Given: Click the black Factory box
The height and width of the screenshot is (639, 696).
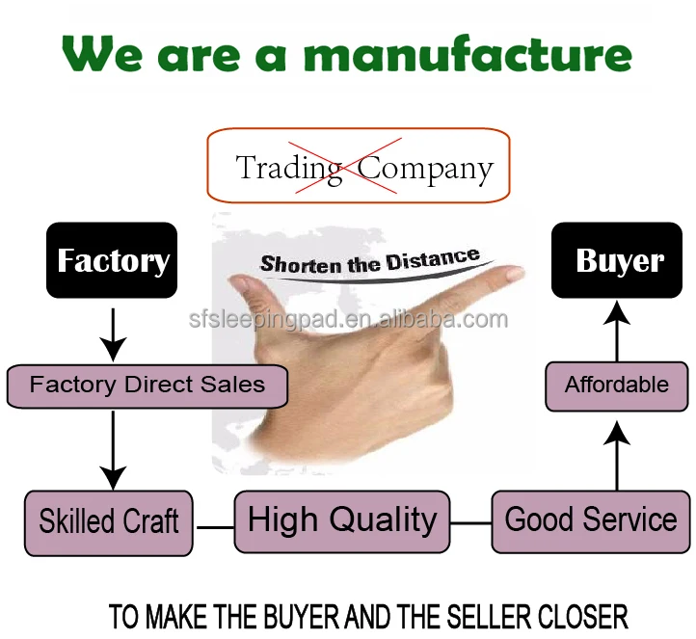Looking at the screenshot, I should point(113,260).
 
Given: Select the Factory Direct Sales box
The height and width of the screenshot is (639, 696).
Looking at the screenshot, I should point(147,386).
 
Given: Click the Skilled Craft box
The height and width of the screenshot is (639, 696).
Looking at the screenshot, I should point(108,521).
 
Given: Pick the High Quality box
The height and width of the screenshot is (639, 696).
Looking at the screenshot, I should point(342,520).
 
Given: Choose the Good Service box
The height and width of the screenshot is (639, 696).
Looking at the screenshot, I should point(591,520).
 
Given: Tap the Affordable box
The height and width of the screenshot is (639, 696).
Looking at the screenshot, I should point(617,386).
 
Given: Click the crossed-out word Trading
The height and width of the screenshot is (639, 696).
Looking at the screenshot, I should point(289,168).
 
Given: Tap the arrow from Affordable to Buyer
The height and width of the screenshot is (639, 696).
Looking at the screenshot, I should point(617,328).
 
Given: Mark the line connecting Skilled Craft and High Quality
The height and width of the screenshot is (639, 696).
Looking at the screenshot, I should point(214,527).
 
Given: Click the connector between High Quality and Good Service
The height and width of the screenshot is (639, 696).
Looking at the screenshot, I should point(471,523).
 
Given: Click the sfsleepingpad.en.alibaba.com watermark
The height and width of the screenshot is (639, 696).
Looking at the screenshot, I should point(348,319).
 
